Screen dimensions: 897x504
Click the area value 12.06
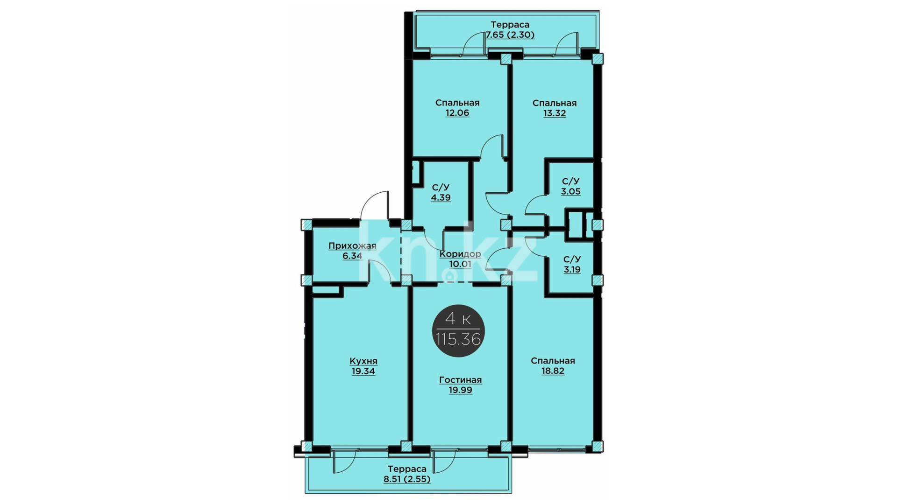coord(457,113)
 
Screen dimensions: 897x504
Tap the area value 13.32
coord(555,113)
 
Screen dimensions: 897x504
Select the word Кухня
coord(363,361)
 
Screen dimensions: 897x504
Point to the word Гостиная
coord(460,380)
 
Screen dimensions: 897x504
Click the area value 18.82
coord(553,371)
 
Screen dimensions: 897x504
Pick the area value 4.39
coord(441,197)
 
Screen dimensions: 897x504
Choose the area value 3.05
coord(571,191)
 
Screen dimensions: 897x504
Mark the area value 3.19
coord(572,269)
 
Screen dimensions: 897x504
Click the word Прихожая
coord(352,246)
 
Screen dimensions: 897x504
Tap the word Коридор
coord(460,254)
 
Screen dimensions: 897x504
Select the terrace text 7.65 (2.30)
coord(510,35)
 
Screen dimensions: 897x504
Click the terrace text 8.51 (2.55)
coord(407,479)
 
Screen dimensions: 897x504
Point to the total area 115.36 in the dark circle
coord(458,339)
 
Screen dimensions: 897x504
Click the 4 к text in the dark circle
coord(458,319)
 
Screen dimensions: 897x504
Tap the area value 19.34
coord(363,371)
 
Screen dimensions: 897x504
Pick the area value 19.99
coord(460,390)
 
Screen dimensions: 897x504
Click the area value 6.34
coord(352,256)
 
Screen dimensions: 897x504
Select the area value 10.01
coord(460,264)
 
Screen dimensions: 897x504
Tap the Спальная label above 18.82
coord(553,361)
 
